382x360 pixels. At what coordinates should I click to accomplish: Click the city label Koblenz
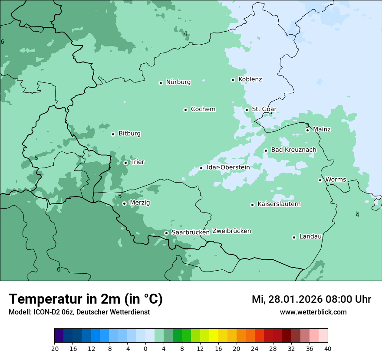tap(250, 79)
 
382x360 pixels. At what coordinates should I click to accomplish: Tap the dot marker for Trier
tap(125, 163)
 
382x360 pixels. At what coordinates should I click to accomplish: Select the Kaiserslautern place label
tap(279, 204)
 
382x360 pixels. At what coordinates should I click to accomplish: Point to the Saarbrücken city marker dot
tap(166, 233)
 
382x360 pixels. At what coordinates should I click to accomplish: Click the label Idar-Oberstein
tap(228, 167)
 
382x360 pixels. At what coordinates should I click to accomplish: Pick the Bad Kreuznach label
tap(293, 150)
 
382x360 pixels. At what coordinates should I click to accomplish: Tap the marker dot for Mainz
tap(307, 130)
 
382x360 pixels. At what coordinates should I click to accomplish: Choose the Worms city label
tap(336, 180)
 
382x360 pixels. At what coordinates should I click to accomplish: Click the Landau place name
tap(310, 236)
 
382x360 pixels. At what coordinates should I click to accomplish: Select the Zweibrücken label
tap(231, 231)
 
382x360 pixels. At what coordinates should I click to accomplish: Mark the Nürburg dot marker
tap(161, 83)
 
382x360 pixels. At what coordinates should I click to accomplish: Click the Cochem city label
tap(203, 109)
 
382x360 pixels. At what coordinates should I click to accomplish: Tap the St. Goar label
tap(264, 109)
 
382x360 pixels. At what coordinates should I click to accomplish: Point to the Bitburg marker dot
tap(113, 134)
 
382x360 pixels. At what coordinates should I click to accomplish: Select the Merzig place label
tap(140, 203)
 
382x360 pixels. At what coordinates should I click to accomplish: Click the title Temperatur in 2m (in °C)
tap(86, 299)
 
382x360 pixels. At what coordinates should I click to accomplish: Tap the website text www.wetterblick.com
tap(313, 312)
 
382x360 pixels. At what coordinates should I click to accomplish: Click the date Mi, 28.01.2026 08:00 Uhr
tap(311, 299)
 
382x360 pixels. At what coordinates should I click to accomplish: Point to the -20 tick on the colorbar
tap(54, 349)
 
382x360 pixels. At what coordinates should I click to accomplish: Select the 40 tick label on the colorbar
tap(328, 349)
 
